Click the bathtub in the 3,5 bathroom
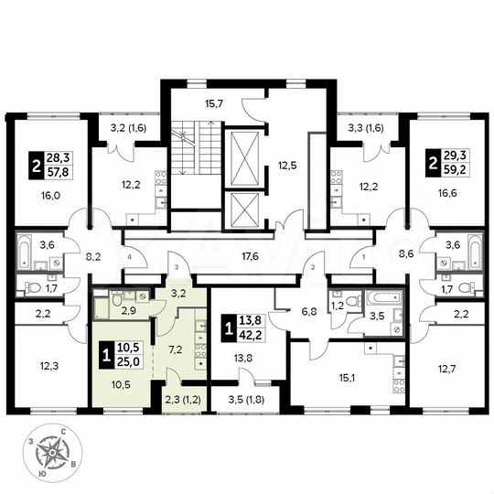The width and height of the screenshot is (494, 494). point(379,298)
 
